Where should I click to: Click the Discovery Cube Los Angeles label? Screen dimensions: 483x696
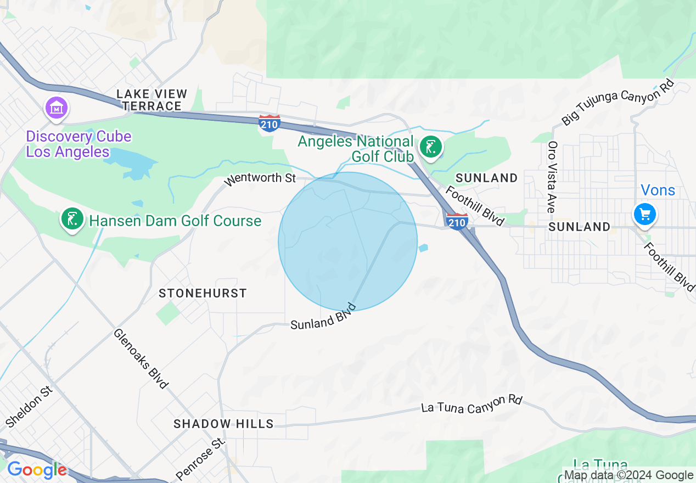(78, 144)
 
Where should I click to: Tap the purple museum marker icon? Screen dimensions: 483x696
(57, 108)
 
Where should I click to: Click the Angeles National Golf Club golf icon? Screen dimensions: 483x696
(431, 147)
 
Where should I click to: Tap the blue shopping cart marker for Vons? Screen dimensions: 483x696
(644, 214)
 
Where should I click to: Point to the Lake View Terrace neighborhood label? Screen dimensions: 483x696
(152, 100)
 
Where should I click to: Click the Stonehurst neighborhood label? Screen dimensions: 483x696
(203, 293)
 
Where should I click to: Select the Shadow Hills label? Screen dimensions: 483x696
(223, 424)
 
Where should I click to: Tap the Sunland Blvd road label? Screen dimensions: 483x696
(323, 317)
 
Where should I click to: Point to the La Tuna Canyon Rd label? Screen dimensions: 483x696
(472, 405)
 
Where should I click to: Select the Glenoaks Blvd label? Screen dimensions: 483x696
(141, 358)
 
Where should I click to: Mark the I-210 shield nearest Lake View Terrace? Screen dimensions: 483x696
(270, 123)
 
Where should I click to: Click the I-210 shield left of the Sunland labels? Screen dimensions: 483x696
(457, 221)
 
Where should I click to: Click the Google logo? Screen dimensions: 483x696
(37, 470)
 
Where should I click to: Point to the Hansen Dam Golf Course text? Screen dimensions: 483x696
(175, 221)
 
